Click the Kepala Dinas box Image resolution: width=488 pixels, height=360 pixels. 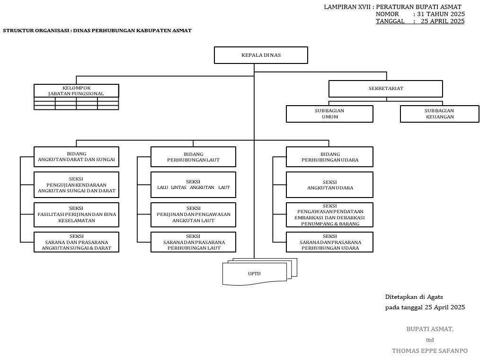[261, 55]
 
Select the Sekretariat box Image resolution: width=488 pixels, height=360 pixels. [386, 89]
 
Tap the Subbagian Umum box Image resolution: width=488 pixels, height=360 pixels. [329, 114]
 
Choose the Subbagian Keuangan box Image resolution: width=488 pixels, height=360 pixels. [439, 114]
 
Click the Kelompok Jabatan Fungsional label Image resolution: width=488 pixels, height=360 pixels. [76, 90]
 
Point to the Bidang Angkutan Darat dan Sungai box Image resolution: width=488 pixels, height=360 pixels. [76, 156]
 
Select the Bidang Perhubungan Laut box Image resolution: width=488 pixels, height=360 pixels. [193, 157]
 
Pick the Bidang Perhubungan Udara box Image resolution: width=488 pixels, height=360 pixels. [329, 157]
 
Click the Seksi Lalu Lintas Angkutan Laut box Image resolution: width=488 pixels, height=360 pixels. [193, 185]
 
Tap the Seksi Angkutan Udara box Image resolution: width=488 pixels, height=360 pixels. [329, 185]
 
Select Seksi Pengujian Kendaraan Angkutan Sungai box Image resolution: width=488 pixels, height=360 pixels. [76, 185]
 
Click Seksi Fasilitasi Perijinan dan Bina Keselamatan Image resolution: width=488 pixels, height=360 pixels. [76, 215]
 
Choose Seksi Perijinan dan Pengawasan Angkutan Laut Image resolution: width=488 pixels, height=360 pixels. [193, 215]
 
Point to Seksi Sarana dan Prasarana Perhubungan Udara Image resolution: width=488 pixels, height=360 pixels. [329, 242]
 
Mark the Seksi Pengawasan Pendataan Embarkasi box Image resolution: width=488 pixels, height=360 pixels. [329, 215]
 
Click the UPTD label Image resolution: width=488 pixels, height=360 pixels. [255, 274]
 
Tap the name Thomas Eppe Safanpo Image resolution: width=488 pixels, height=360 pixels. [429, 351]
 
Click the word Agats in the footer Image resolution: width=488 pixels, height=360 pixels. [435, 297]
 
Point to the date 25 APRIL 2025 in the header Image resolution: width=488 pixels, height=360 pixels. [442, 21]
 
